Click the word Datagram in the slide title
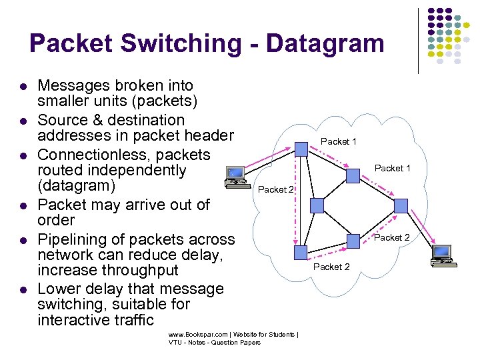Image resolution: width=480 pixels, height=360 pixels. (x=325, y=44)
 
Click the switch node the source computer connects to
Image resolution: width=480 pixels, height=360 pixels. (x=301, y=149)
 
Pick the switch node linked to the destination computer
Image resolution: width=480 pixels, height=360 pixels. (x=401, y=207)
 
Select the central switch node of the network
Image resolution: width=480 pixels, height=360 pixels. (x=353, y=175)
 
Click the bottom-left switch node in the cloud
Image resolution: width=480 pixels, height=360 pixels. (x=301, y=251)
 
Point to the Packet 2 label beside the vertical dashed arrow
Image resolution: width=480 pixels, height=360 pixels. (x=276, y=189)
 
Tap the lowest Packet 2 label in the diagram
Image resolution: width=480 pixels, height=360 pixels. (x=331, y=267)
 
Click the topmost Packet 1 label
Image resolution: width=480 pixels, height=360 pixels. (x=339, y=141)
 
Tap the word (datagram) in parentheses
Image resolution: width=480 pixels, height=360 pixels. (x=77, y=185)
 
